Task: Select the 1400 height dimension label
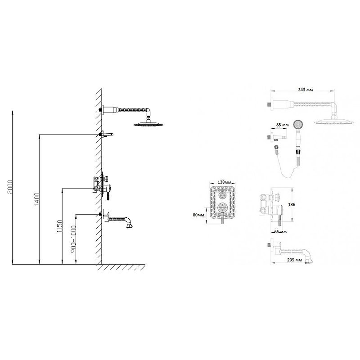pyautogui.click(x=37, y=199)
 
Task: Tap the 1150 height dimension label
pyautogui.click(x=60, y=226)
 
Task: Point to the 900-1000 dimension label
pyautogui.click(x=73, y=239)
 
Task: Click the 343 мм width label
pyautogui.click(x=306, y=90)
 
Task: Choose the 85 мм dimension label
pyautogui.click(x=282, y=125)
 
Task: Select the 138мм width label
pyautogui.click(x=224, y=182)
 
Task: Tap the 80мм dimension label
pyautogui.click(x=198, y=215)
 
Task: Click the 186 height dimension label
pyautogui.click(x=291, y=204)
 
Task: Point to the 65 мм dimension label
pyautogui.click(x=280, y=232)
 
